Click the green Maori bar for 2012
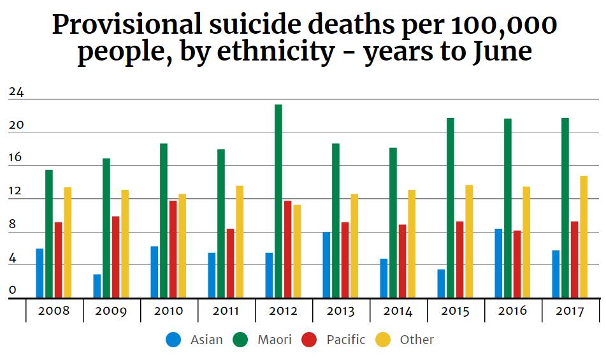[x=278, y=201]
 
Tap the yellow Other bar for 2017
[x=584, y=236]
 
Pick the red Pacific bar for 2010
[x=173, y=249]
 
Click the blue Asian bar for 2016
[x=498, y=263]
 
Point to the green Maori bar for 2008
[x=49, y=233]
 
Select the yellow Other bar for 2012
[x=297, y=251]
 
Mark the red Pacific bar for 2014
[x=402, y=261]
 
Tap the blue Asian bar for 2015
[x=441, y=283]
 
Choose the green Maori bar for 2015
[x=451, y=207]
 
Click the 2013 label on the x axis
[x=340, y=311]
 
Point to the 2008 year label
[x=54, y=311]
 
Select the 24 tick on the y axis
[x=16, y=92]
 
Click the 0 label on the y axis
[x=13, y=290]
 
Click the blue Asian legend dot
[x=173, y=340]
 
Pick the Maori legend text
[x=275, y=340]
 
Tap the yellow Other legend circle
[x=383, y=340]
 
